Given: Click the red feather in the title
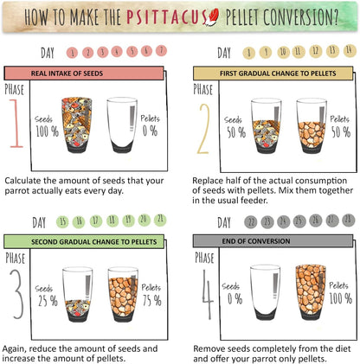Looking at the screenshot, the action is tap(211, 17).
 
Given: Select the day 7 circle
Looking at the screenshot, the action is tap(161, 51).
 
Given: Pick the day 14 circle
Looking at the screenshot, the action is tap(350, 50).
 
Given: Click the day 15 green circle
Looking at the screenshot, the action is tap(62, 222).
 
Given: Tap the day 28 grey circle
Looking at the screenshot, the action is tap(348, 220).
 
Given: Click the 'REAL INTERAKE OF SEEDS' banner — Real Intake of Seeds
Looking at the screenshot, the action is tap(84, 73).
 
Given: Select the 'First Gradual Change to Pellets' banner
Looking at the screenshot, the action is tap(273, 73).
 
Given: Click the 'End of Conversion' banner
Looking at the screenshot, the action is tap(273, 241).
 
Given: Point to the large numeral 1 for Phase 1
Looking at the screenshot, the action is tap(16, 124).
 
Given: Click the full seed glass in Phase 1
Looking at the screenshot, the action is tap(77, 125).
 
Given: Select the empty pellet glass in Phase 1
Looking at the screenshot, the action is tap(122, 125).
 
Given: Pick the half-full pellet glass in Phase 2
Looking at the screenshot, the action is tap(312, 125).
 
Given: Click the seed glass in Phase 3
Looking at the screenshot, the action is tap(78, 294).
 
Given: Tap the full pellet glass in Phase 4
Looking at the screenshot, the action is tap(311, 291).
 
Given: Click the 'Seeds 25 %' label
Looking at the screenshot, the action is tap(46, 296).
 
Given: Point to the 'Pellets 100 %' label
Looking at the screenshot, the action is tap(340, 293).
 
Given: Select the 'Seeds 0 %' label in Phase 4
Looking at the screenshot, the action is tap(232, 294).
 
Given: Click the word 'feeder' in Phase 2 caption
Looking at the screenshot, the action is tap(254, 201).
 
